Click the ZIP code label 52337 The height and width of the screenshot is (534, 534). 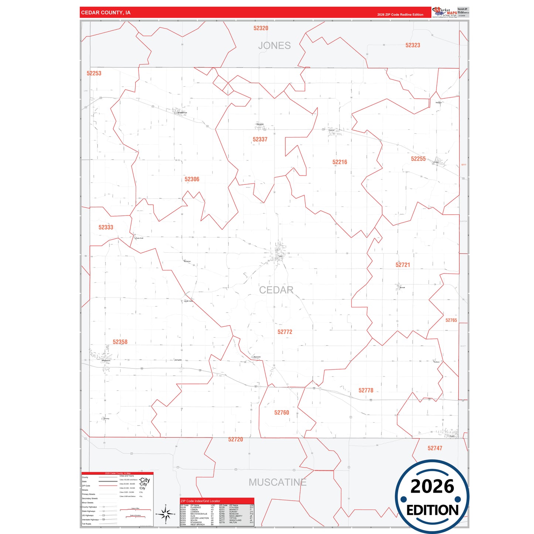pyautogui.click(x=260, y=139)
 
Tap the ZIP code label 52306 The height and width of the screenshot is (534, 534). pyautogui.click(x=192, y=179)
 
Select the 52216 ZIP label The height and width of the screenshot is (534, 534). pyautogui.click(x=340, y=162)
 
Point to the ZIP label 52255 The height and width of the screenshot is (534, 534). pyautogui.click(x=418, y=159)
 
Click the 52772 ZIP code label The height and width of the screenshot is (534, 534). pyautogui.click(x=285, y=332)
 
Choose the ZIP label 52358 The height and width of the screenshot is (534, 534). pyautogui.click(x=120, y=342)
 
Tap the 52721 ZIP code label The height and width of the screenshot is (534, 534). pyautogui.click(x=402, y=265)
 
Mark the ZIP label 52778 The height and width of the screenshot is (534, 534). pyautogui.click(x=366, y=390)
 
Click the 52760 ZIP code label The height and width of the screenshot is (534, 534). pyautogui.click(x=282, y=412)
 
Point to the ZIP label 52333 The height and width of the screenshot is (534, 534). pyautogui.click(x=106, y=227)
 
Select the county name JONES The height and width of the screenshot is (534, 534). pyautogui.click(x=274, y=45)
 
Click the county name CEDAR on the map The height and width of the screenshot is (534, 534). pyautogui.click(x=276, y=290)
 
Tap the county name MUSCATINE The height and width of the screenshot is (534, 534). pyautogui.click(x=277, y=482)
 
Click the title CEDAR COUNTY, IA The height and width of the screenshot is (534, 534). pyautogui.click(x=106, y=13)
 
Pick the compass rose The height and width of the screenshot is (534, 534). pyautogui.click(x=166, y=514)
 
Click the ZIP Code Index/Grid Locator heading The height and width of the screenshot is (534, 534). pyautogui.click(x=200, y=501)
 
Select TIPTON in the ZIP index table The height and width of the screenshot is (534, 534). pyautogui.click(x=233, y=518)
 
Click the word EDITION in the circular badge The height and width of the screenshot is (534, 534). pyautogui.click(x=432, y=510)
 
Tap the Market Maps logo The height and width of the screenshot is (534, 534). pyautogui.click(x=445, y=12)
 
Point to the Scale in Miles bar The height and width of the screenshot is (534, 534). pyautogui.click(x=135, y=510)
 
